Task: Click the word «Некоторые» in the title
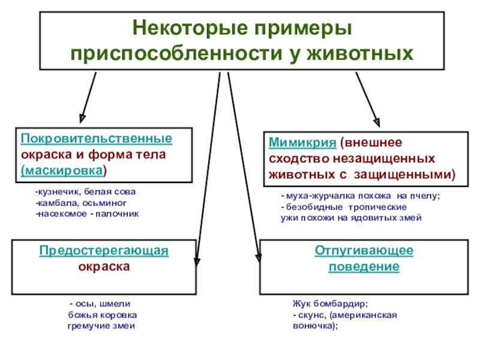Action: tap(180, 29)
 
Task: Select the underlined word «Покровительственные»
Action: tap(97, 139)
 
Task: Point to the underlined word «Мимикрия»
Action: tap(301, 144)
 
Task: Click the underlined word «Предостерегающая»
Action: tap(104, 251)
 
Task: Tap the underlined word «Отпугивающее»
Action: tap(364, 251)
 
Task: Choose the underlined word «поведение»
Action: tap(364, 266)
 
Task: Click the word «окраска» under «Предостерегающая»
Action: tap(104, 266)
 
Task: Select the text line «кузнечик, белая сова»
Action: tap(85, 192)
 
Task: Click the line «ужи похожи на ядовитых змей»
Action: tap(351, 218)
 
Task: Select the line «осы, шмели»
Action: tap(103, 304)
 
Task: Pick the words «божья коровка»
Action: tap(102, 315)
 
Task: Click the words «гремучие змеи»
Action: tap(101, 326)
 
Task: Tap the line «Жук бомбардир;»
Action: tap(329, 304)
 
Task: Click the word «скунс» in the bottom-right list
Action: tap(310, 315)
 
